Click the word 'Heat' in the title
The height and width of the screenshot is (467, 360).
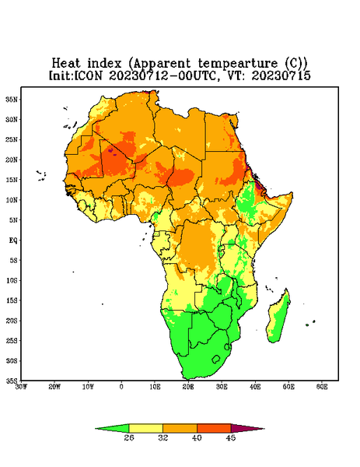click(66, 64)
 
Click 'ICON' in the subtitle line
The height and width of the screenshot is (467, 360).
click(88, 75)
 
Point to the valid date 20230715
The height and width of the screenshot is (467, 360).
click(281, 75)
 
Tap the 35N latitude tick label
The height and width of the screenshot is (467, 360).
click(12, 100)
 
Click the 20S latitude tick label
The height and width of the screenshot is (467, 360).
click(12, 321)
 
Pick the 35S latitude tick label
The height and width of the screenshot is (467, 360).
click(12, 381)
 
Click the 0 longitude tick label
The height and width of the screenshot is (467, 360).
click(121, 387)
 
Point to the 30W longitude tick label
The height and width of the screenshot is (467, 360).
click(21, 387)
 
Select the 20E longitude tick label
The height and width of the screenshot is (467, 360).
click(188, 387)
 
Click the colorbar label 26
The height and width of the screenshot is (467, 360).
click(129, 437)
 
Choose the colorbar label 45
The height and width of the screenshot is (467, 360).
click(231, 437)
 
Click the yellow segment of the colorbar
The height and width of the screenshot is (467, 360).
click(145, 429)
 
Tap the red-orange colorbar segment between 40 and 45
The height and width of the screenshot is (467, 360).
click(214, 429)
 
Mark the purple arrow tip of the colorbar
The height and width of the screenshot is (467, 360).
click(264, 429)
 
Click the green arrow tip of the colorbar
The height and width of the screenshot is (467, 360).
click(96, 429)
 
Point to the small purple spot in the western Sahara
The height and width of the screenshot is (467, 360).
click(110, 151)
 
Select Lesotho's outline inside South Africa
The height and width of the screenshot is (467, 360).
click(216, 359)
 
